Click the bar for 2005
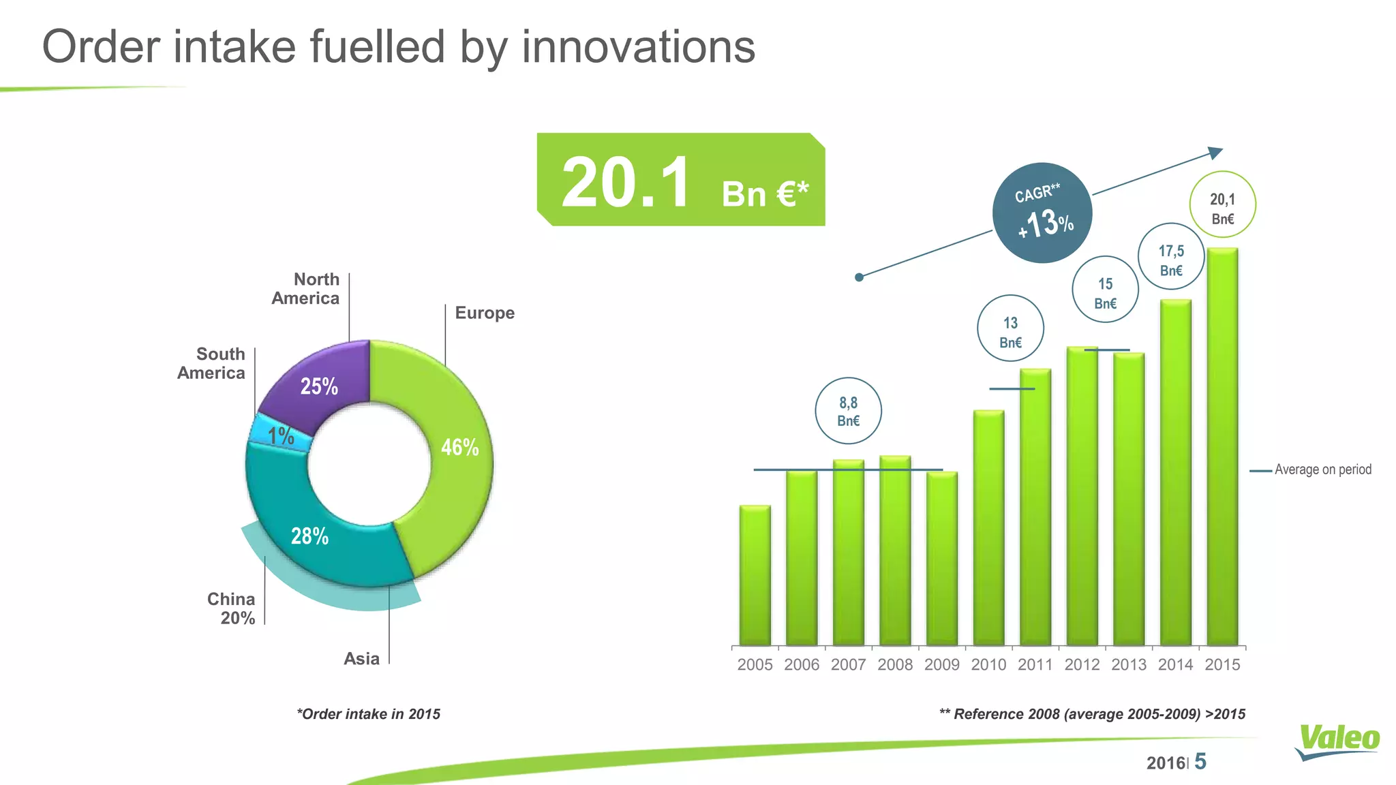click(755, 576)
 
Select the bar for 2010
click(988, 528)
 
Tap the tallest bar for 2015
click(1222, 446)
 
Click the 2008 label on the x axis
click(895, 665)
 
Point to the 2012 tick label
click(1082, 665)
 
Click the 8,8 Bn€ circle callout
click(848, 411)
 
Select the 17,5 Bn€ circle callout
click(1171, 256)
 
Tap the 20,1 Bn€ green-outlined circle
click(1222, 204)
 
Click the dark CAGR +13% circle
click(1042, 213)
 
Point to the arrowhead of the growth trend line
click(1215, 153)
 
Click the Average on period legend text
click(1322, 470)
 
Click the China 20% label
click(231, 609)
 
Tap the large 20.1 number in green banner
click(625, 183)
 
